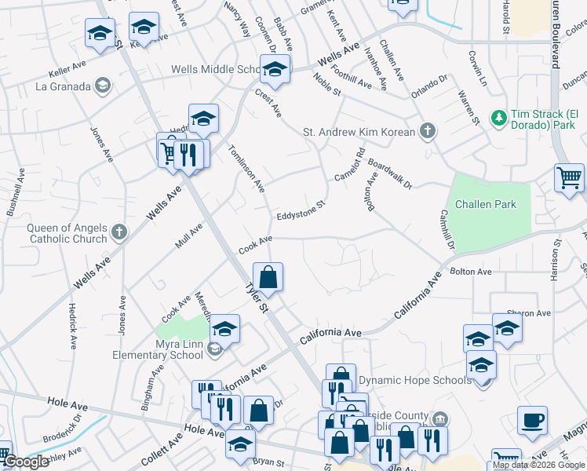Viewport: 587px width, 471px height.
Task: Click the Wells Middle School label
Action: [x=215, y=70]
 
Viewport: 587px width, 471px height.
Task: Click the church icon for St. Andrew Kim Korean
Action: [x=427, y=130]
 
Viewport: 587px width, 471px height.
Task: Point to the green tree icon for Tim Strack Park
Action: [x=498, y=119]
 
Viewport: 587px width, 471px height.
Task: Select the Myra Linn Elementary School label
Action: [x=168, y=352]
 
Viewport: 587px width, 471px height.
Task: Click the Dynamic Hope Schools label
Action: [x=415, y=380]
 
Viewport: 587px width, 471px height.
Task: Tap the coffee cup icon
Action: [x=532, y=420]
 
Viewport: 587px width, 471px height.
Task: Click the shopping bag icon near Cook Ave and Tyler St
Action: [x=268, y=277]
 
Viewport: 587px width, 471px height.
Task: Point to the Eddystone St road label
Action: [x=300, y=211]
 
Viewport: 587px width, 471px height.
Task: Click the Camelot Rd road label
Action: [x=349, y=164]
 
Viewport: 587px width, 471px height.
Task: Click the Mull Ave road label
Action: [x=189, y=235]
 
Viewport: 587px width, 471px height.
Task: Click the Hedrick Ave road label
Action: [x=72, y=326]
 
